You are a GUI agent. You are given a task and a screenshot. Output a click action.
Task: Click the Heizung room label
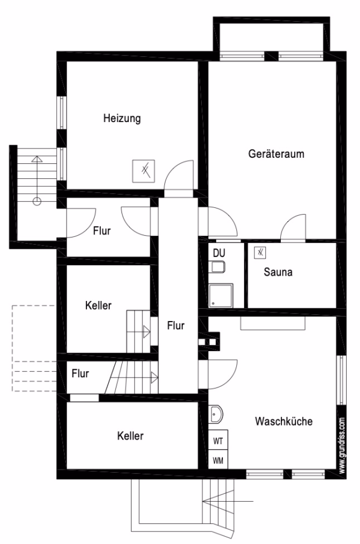(122, 118)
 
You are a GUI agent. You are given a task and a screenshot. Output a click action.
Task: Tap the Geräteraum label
(276, 154)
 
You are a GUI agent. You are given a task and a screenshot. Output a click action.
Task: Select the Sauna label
(278, 272)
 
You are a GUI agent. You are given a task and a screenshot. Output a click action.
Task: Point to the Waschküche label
(284, 421)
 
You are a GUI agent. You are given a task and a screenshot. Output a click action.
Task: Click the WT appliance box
(218, 441)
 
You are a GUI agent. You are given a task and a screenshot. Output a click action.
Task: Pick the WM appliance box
(218, 460)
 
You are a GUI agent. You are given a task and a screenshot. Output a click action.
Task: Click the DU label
(219, 253)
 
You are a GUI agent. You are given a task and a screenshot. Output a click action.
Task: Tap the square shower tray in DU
(221, 296)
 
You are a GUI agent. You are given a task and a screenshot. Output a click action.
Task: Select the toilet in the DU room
(217, 267)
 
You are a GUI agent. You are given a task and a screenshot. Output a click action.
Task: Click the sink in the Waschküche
(216, 414)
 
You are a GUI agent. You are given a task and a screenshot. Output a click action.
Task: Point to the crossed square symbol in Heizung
(144, 171)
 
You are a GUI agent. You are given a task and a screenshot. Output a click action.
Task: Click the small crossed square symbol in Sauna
(260, 253)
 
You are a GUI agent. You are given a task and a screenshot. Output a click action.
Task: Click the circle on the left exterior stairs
(37, 201)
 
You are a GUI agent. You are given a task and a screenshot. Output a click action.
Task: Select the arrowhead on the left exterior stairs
(37, 159)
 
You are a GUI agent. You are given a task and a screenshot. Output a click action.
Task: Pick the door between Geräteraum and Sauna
(294, 227)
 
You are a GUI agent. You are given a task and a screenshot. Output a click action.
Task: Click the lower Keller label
(130, 436)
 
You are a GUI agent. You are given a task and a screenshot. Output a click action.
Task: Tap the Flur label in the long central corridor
(176, 325)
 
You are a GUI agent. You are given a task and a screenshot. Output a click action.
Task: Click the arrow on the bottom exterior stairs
(228, 501)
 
